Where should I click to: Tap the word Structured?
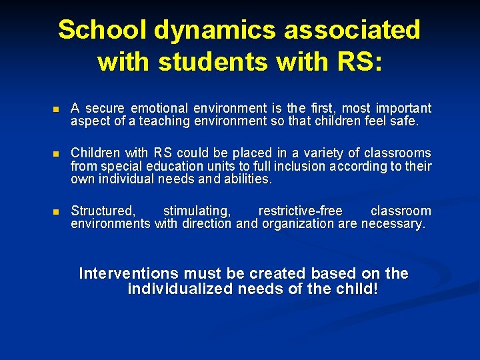pos(103,211)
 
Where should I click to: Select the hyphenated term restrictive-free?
pos(300,211)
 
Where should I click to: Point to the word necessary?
pos(393,224)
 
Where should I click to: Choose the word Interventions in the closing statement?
pos(129,273)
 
